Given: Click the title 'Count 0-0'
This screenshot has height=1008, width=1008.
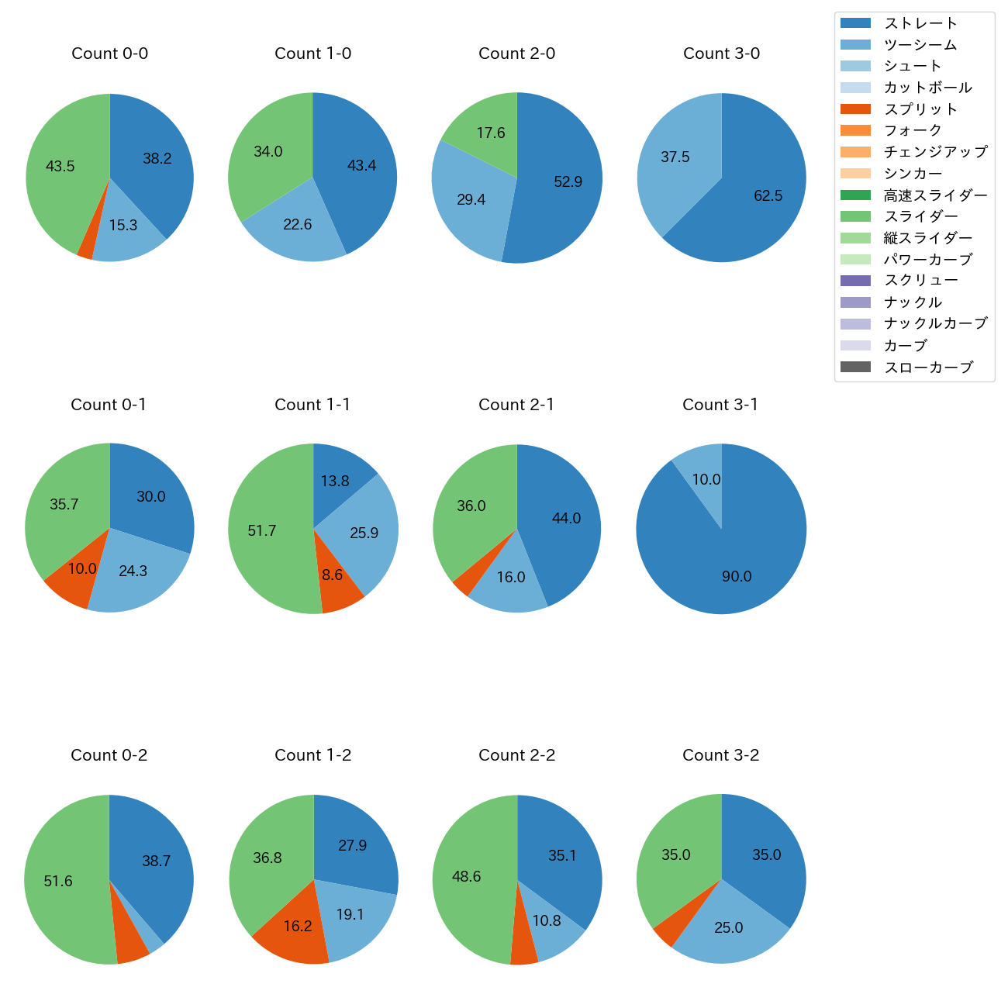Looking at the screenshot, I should [109, 54].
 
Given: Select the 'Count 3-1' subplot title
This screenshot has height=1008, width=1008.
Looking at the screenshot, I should [720, 405].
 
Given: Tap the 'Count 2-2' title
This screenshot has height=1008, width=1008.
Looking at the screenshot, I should [516, 755].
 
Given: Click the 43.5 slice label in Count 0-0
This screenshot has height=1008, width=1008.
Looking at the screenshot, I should [60, 166].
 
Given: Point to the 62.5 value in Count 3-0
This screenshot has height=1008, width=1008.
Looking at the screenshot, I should [768, 195].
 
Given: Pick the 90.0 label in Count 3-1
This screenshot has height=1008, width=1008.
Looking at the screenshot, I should [737, 576].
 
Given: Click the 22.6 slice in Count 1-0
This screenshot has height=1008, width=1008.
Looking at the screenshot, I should [298, 225].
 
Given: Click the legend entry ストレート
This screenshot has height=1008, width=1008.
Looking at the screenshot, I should [920, 23].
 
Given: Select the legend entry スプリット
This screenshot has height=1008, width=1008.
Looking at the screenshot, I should [920, 109].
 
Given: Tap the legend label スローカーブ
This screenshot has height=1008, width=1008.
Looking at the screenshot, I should [928, 368].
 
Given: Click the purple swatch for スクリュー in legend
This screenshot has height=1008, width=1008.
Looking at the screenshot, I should [855, 281].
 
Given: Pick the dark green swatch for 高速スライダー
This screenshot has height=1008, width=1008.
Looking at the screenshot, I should [855, 195].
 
